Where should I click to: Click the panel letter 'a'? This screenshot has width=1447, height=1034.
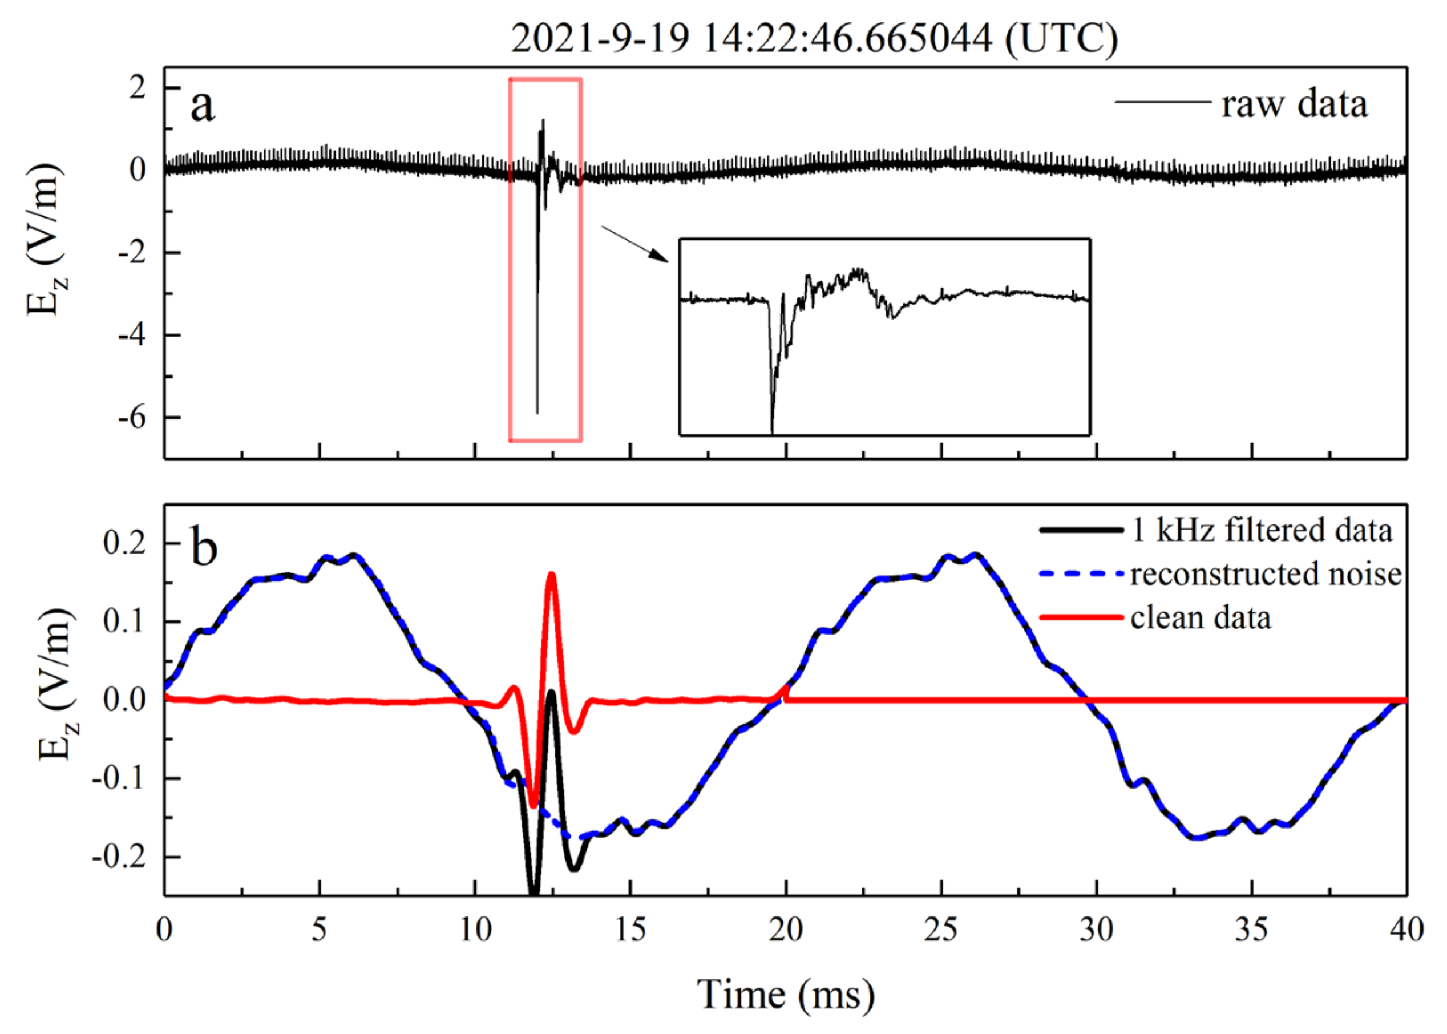pyautogui.click(x=203, y=106)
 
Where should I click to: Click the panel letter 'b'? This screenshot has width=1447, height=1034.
pyautogui.click(x=204, y=548)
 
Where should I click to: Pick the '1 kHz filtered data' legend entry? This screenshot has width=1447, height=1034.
pyautogui.click(x=1261, y=530)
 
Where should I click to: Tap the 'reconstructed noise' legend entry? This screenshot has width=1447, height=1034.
pyautogui.click(x=1266, y=573)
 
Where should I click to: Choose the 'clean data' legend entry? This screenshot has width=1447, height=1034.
pyautogui.click(x=1201, y=617)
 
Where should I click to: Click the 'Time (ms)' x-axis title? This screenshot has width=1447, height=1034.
pyautogui.click(x=786, y=994)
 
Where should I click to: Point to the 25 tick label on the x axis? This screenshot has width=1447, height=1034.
pyautogui.click(x=941, y=931)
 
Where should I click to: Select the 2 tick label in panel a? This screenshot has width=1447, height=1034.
pyautogui.click(x=138, y=88)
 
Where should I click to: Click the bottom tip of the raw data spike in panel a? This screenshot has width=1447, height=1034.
pyautogui.click(x=537, y=413)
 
